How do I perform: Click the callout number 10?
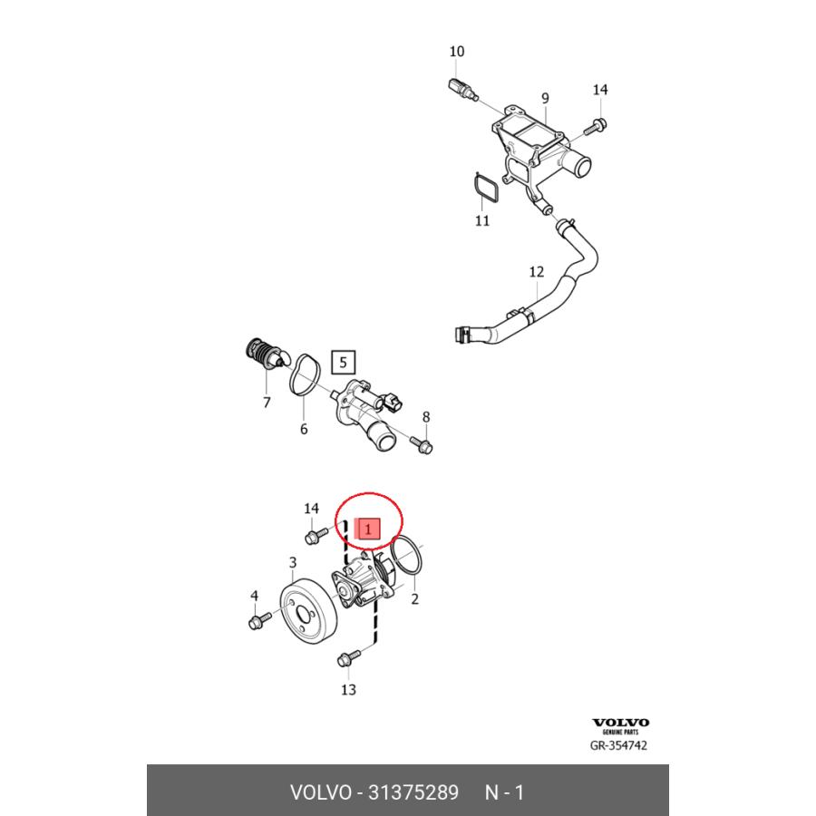[456, 52]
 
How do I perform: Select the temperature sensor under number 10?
[462, 90]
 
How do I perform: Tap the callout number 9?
[545, 98]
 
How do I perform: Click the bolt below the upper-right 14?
[596, 126]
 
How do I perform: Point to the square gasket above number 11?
[486, 187]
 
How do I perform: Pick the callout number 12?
[536, 272]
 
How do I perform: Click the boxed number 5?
[343, 362]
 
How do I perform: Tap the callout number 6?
[304, 429]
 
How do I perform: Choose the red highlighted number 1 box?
[367, 529]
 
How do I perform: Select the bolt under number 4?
[259, 620]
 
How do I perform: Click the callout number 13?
[348, 690]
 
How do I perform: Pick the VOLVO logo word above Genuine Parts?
[620, 723]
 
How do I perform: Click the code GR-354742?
[618, 745]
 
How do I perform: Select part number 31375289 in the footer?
[413, 792]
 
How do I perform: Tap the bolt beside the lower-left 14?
[316, 536]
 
